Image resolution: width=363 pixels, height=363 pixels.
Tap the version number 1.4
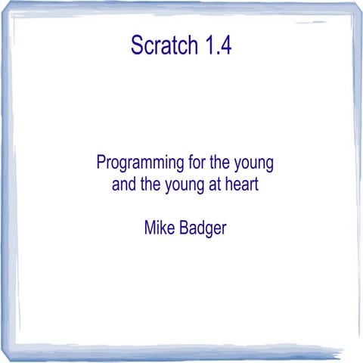click(217, 45)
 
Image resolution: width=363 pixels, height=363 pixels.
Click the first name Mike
click(158, 227)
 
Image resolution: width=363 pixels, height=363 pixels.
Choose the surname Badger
click(202, 228)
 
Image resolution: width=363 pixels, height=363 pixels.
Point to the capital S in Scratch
click(137, 45)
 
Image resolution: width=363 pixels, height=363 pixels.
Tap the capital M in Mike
click(149, 227)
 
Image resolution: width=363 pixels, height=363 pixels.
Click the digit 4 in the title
click(225, 45)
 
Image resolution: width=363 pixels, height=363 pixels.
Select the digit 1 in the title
click(209, 45)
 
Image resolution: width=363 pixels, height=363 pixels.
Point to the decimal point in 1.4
click(216, 52)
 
